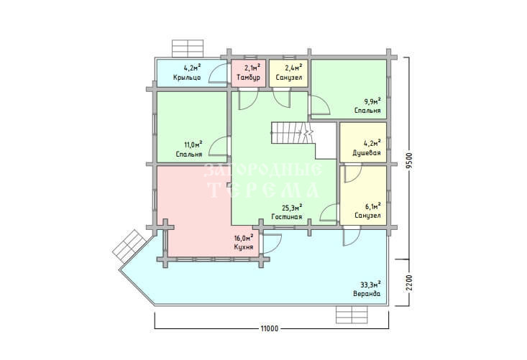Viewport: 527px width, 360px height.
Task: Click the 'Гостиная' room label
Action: (287, 217)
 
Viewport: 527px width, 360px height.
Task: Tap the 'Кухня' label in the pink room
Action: (244, 247)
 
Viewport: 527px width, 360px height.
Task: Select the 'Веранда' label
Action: (367, 294)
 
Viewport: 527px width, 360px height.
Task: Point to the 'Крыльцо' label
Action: (187, 78)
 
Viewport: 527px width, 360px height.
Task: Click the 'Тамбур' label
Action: (248, 78)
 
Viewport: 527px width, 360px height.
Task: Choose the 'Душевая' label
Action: (367, 153)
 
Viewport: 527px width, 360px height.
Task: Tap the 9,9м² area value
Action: (372, 101)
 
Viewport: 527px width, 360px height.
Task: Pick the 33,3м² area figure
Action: (370, 285)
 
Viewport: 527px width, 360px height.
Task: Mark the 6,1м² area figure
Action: (373, 206)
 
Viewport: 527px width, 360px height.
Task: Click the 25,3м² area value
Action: (292, 208)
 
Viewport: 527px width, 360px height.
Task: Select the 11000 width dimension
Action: (270, 328)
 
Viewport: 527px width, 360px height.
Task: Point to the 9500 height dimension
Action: (409, 162)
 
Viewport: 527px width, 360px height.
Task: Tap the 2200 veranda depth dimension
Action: (409, 283)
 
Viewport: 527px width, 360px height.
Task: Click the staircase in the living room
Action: (293, 133)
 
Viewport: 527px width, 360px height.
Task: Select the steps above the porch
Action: (188, 49)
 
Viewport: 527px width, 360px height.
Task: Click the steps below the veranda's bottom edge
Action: (352, 315)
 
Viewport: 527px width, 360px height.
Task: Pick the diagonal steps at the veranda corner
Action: (129, 247)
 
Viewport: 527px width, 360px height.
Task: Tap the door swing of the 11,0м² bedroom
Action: (218, 147)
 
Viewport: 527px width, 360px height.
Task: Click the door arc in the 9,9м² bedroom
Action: (319, 105)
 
